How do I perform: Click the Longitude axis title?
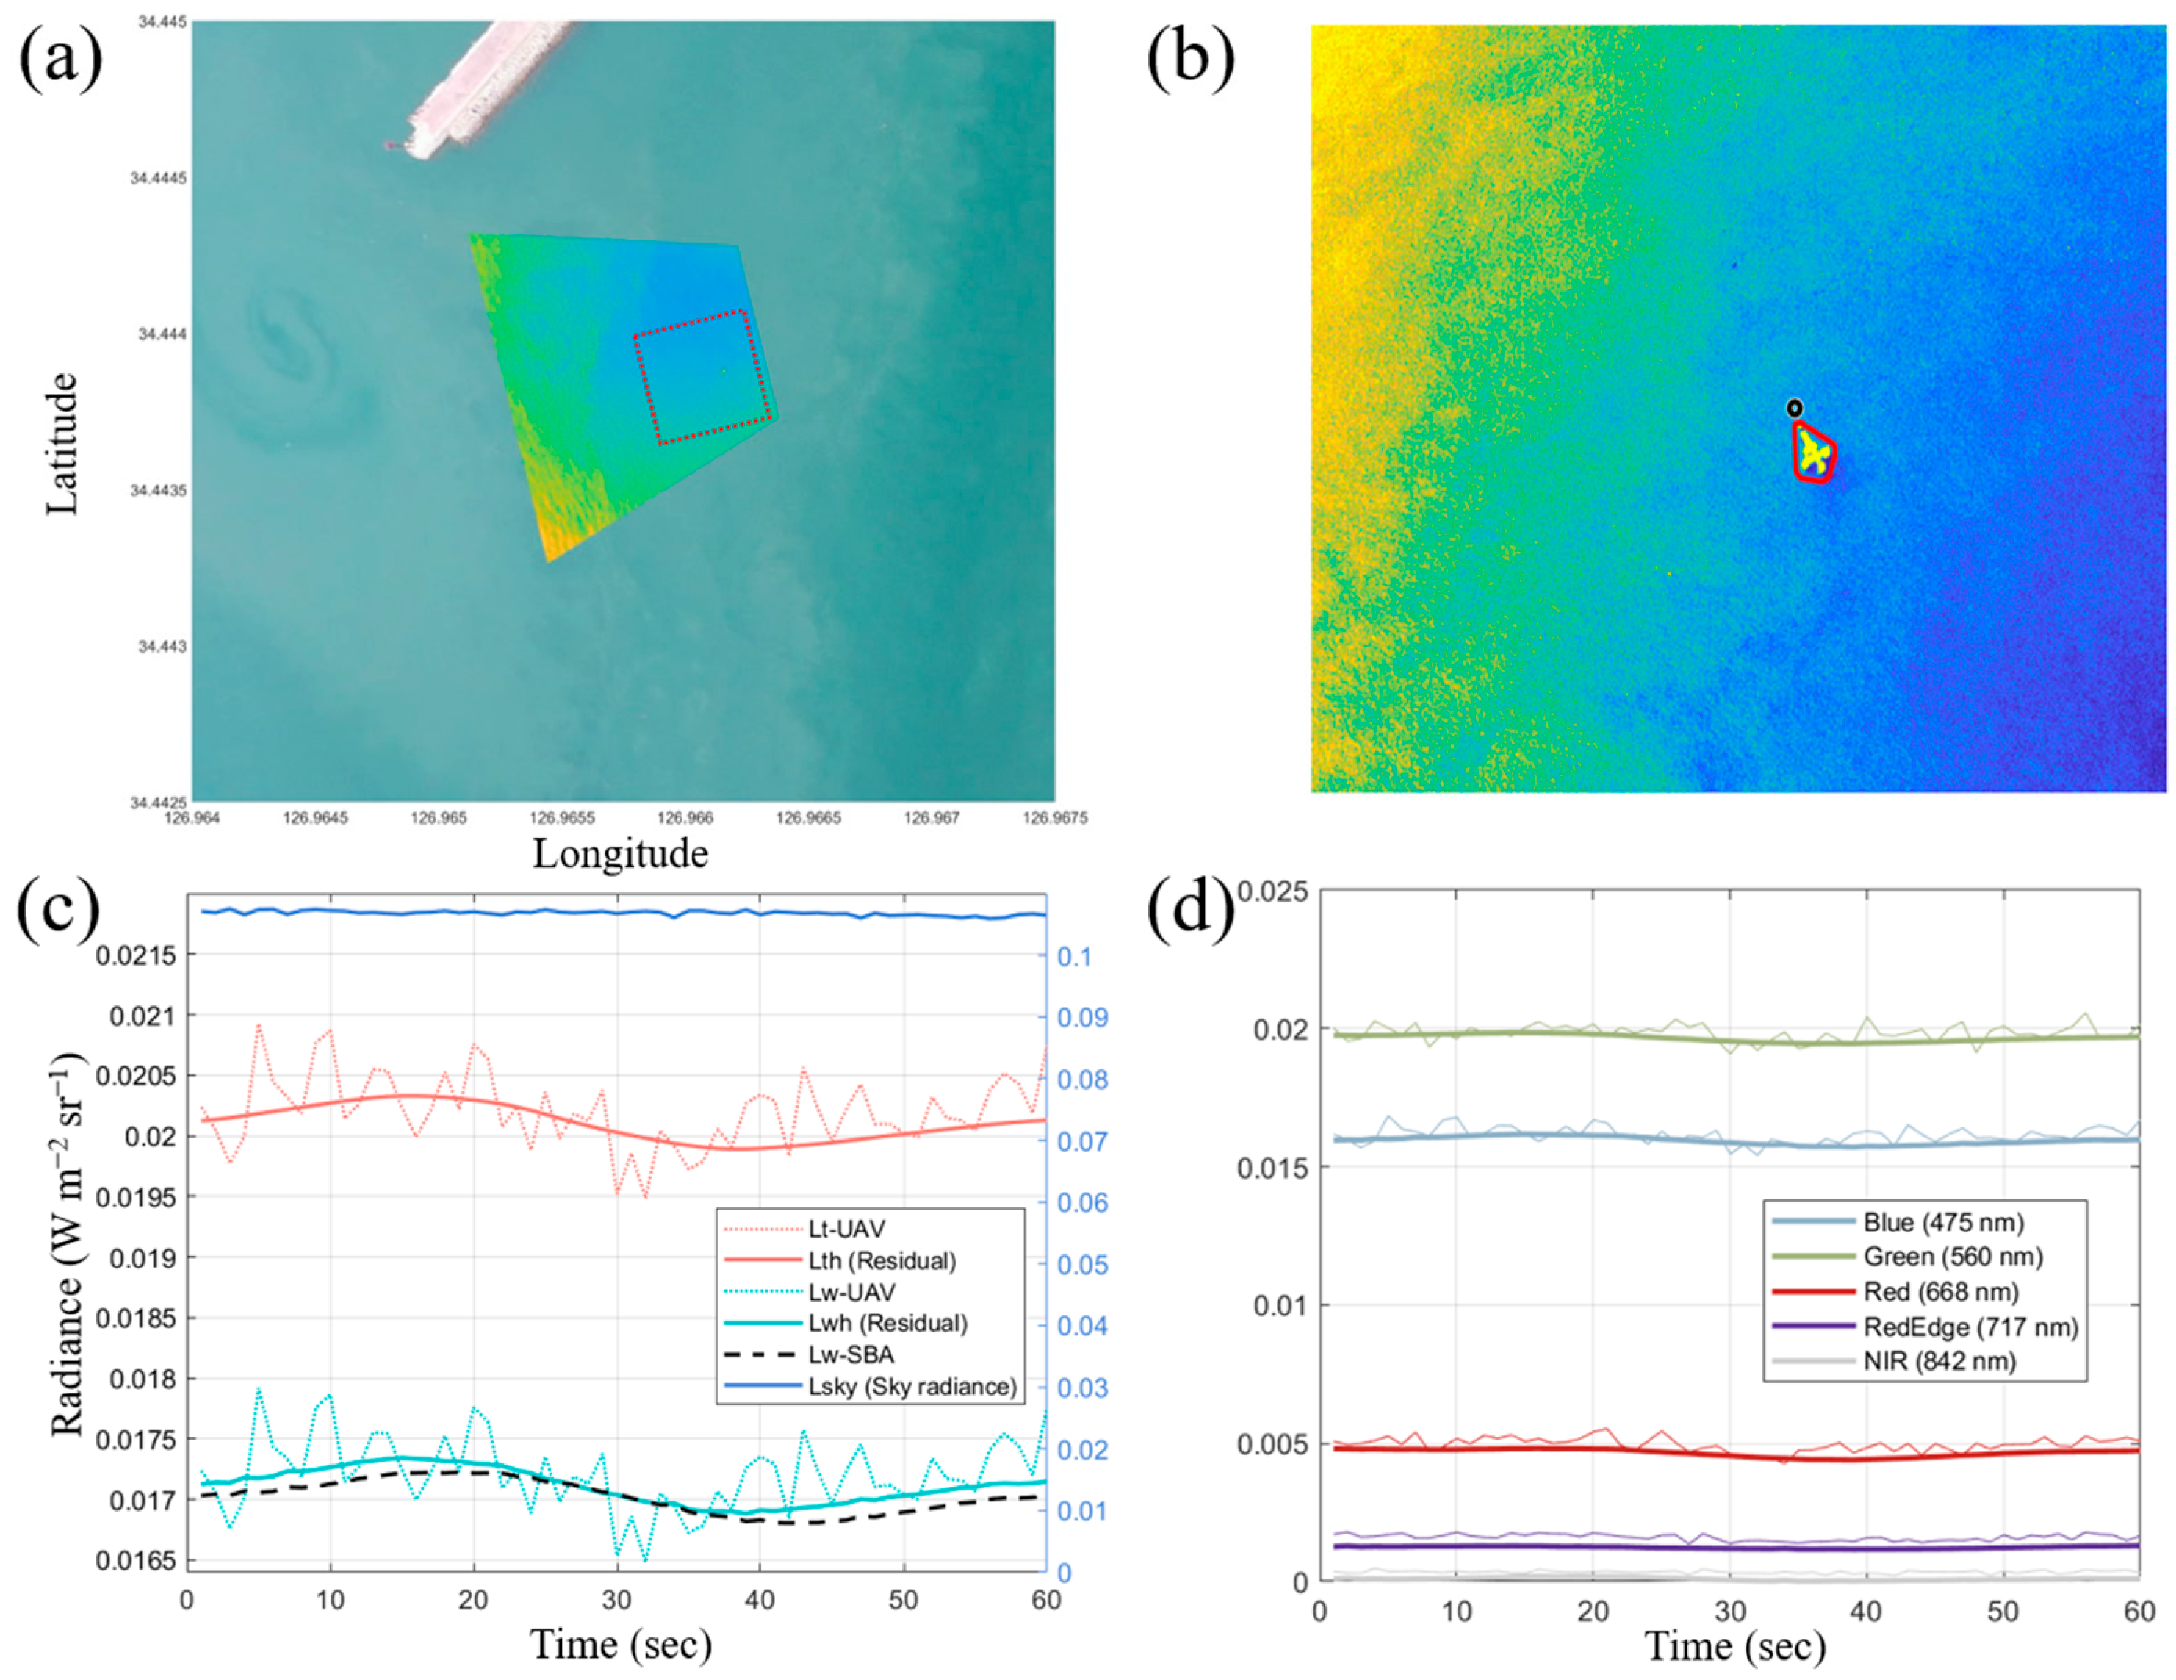pos(620,854)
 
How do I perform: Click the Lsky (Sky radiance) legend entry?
pos(912,1387)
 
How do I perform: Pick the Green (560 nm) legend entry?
pos(1953,1257)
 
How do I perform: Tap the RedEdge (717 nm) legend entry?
pos(1970,1327)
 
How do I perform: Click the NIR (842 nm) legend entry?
pos(1939,1361)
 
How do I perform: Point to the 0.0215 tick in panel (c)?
pos(135,955)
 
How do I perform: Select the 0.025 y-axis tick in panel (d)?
pos(1272,891)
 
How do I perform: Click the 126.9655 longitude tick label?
pos(562,818)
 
